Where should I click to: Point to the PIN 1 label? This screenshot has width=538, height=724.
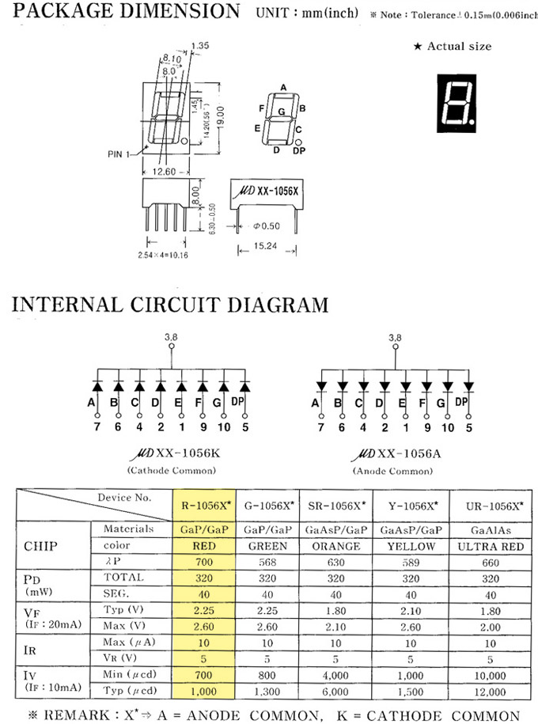(119, 154)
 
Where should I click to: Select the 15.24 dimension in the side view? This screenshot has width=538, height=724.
(267, 248)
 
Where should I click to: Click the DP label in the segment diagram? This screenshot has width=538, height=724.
(298, 150)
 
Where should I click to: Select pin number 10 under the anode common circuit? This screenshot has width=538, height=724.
(448, 428)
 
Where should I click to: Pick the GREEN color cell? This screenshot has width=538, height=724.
(268, 546)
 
